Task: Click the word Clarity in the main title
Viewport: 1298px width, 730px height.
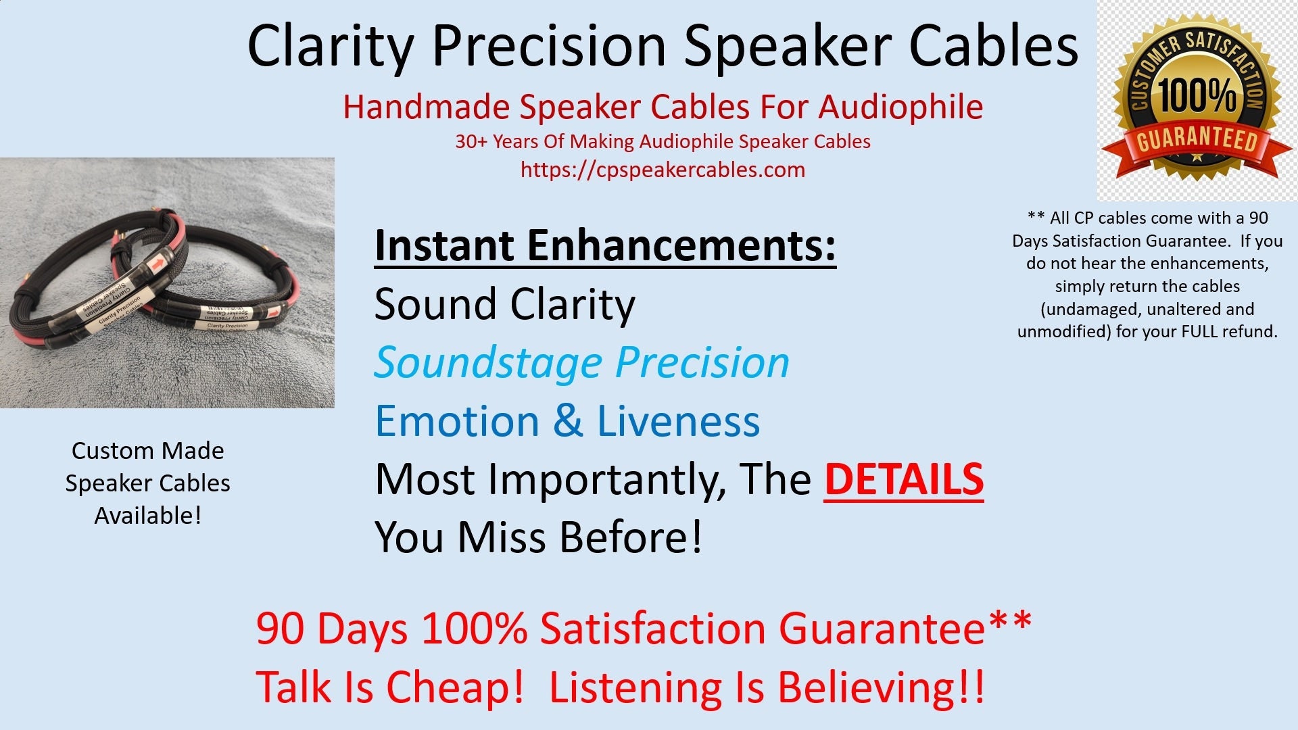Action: [x=330, y=46]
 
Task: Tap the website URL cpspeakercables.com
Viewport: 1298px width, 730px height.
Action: [x=663, y=170]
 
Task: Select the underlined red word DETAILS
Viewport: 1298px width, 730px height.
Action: [x=903, y=479]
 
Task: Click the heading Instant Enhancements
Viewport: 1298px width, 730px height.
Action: [x=605, y=245]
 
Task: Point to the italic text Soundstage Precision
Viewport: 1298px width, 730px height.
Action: [x=581, y=363]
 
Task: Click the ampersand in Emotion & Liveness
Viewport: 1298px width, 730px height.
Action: [x=568, y=421]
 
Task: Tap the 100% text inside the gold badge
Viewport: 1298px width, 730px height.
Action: [x=1197, y=95]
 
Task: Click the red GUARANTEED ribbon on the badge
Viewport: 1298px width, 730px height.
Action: [x=1197, y=140]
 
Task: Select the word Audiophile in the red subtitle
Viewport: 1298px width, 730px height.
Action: [x=900, y=107]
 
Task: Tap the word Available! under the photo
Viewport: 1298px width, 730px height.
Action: [x=147, y=516]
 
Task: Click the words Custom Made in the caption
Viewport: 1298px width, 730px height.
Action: [x=147, y=451]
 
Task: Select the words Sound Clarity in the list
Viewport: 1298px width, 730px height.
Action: [x=504, y=304]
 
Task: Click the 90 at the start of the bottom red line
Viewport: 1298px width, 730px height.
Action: [x=279, y=629]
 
